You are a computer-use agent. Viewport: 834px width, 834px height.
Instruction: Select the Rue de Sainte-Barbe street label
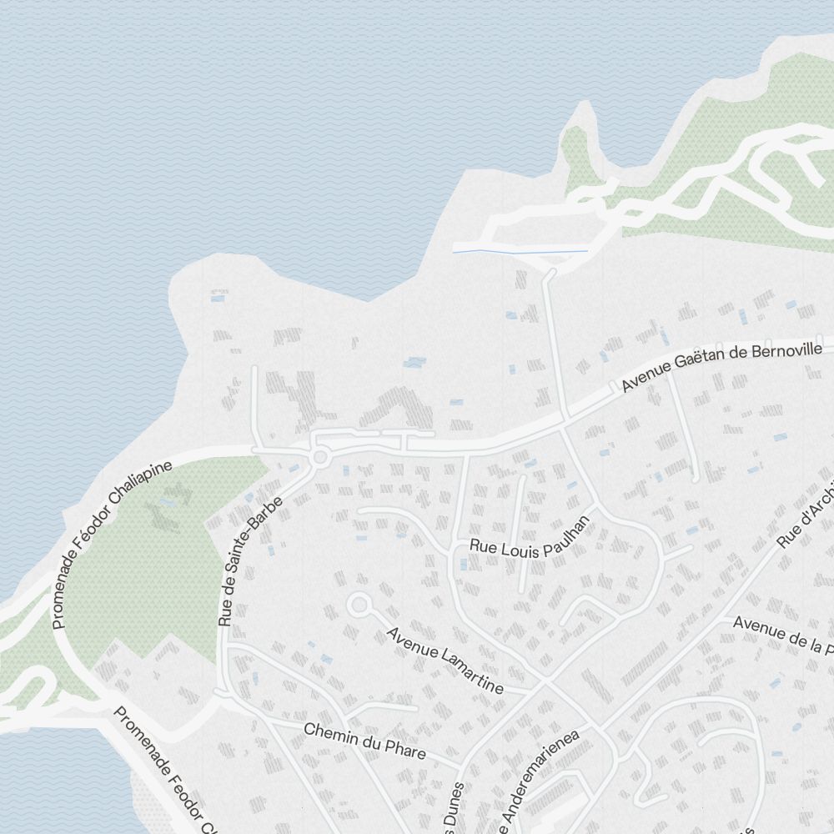[x=250, y=561]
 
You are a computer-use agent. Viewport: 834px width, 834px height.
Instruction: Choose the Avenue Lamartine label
[x=445, y=660]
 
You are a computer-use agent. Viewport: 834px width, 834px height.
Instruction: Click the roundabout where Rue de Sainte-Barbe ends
[x=319, y=457]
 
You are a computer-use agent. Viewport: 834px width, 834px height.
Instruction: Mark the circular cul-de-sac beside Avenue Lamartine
[x=359, y=605]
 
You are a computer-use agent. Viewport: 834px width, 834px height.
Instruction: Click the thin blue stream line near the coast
[x=520, y=249]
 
